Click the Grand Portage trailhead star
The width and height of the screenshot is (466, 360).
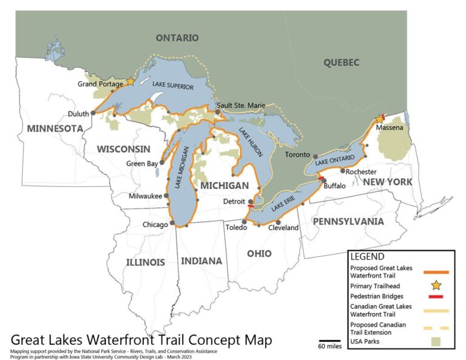(x=129, y=81)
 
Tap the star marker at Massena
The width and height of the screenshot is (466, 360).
(x=380, y=119)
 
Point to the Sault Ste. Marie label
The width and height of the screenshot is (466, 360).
(x=241, y=106)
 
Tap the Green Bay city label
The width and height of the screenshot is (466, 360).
(x=141, y=163)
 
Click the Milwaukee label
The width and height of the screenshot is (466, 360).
(x=145, y=196)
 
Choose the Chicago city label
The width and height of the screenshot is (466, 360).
(x=155, y=225)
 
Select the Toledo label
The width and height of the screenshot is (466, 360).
(x=236, y=228)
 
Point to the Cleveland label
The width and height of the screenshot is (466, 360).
(x=283, y=228)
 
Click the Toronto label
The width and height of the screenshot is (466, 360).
(x=298, y=155)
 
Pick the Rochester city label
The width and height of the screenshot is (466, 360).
(x=361, y=172)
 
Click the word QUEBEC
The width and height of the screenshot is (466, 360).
(x=341, y=62)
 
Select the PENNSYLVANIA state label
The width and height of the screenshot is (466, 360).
(x=348, y=222)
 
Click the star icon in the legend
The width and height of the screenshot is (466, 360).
(x=437, y=285)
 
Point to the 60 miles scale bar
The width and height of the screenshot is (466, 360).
(x=329, y=341)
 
